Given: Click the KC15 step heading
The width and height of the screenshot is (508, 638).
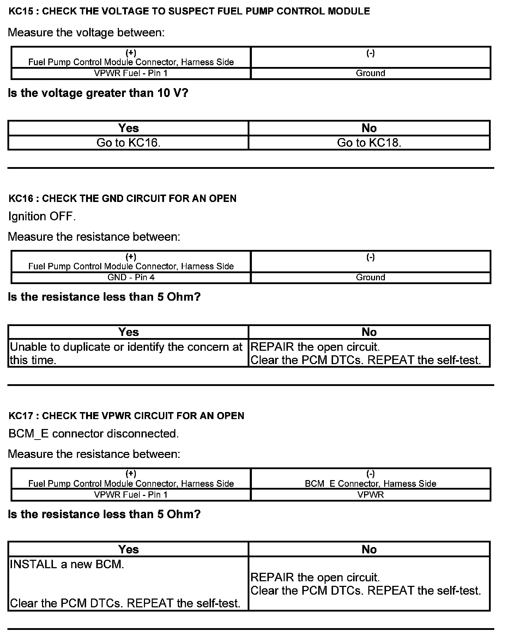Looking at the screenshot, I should pyautogui.click(x=189, y=11).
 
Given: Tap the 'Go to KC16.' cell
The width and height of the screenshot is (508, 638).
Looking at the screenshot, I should pyautogui.click(x=128, y=143).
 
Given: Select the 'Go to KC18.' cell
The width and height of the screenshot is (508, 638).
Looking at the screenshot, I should pyautogui.click(x=369, y=143).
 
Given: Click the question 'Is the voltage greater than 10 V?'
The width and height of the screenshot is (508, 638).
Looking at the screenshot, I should pyautogui.click(x=98, y=93).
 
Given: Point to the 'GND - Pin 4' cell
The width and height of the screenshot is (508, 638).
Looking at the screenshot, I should pyautogui.click(x=131, y=277).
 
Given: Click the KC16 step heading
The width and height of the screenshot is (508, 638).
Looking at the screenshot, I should pyautogui.click(x=122, y=198).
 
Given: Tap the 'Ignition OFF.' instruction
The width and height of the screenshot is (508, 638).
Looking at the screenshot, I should pyautogui.click(x=42, y=216).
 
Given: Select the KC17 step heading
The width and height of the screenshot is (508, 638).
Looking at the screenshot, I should pyautogui.click(x=126, y=416).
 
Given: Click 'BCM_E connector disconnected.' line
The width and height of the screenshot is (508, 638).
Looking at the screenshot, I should pyautogui.click(x=93, y=434).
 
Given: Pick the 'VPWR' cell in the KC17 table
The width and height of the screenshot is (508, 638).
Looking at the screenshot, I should pyautogui.click(x=370, y=495).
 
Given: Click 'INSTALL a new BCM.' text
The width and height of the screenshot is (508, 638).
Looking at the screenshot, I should pyautogui.click(x=67, y=564).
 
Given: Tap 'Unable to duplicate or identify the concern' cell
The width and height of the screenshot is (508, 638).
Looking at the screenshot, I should pyautogui.click(x=126, y=353).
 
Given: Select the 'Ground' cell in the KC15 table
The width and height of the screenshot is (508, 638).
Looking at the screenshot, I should pyautogui.click(x=370, y=73).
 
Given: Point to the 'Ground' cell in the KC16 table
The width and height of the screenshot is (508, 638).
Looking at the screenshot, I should pyautogui.click(x=370, y=277).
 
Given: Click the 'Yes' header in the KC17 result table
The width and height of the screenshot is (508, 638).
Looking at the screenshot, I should pyautogui.click(x=128, y=549).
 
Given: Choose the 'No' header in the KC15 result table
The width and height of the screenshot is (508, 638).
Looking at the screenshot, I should pyautogui.click(x=369, y=128).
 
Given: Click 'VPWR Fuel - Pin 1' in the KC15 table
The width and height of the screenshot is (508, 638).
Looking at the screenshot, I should pyautogui.click(x=131, y=73).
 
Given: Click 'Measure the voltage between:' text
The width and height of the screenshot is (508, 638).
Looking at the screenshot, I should pyautogui.click(x=86, y=32).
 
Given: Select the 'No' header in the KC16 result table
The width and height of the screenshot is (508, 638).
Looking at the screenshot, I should pyautogui.click(x=369, y=332).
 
